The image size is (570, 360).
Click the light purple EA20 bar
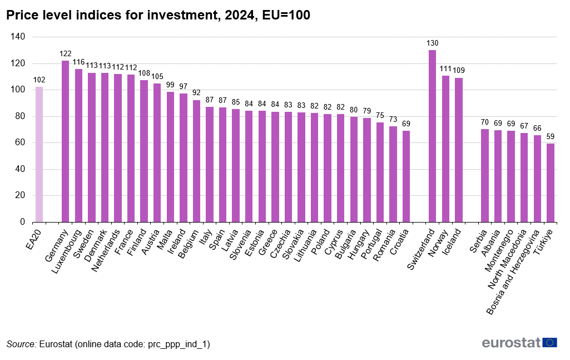(x=39, y=154)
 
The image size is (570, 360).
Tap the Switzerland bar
(x=432, y=136)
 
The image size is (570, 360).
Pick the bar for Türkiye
(x=551, y=183)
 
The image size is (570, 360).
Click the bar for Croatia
(x=406, y=176)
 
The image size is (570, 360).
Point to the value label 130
(x=432, y=43)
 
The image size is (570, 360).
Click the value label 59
(x=551, y=136)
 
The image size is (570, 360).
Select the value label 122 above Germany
(x=65, y=53)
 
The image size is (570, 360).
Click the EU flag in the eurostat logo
(x=550, y=343)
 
